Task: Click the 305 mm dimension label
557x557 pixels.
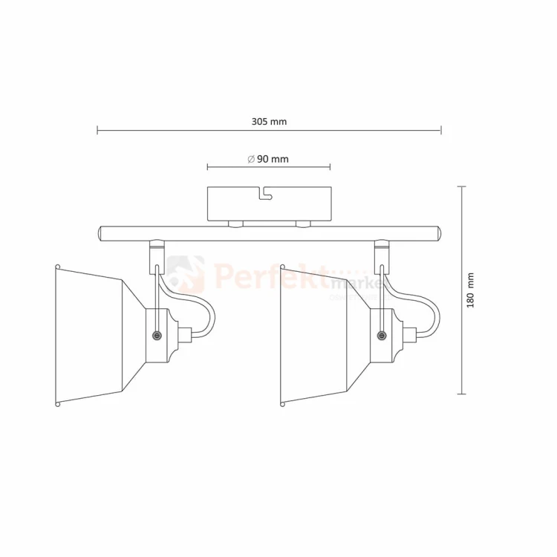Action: pos(269,120)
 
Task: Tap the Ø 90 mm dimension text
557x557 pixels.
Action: pos(268,159)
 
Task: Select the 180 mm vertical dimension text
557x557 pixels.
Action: pos(469,290)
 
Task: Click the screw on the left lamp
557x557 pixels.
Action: pos(157,336)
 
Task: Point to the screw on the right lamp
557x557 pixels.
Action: pos(382,336)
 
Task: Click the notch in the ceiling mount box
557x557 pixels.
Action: pos(264,195)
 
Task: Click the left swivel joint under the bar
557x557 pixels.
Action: pos(157,248)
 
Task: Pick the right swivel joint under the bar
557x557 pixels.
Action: pos(382,248)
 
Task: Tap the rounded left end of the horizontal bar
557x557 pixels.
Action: pos(99,233)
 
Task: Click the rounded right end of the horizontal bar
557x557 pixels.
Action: pos(440,233)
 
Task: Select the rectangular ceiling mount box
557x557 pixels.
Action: pos(269,204)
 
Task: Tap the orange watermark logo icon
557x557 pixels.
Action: pos(186,274)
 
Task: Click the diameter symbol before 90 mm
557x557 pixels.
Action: pos(251,159)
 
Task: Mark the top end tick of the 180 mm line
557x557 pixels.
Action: pos(462,186)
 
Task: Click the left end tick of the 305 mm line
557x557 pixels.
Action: pos(97,131)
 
